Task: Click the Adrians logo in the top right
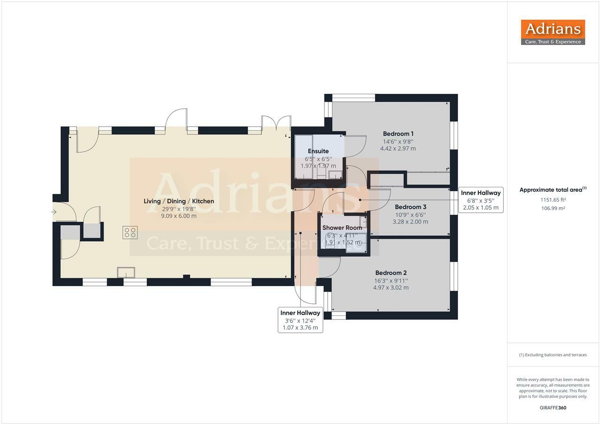coord(553,32)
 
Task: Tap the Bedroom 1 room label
coord(398,134)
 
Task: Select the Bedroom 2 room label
coord(391,273)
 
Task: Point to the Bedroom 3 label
coord(410,207)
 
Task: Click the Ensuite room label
coord(318,151)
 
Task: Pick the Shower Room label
coord(342,228)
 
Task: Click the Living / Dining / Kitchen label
coord(178,201)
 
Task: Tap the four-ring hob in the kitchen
coord(130,232)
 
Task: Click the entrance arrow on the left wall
coord(54,212)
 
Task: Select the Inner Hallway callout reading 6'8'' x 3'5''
coord(481,200)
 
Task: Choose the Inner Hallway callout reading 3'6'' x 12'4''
coord(300,320)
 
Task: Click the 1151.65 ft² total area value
coord(553,199)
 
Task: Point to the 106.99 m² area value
coord(553,208)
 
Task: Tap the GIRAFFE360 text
coord(553,408)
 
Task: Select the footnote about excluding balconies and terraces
coord(553,355)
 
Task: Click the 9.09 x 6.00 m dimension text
coord(178,216)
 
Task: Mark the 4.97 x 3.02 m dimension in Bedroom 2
coord(391,288)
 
